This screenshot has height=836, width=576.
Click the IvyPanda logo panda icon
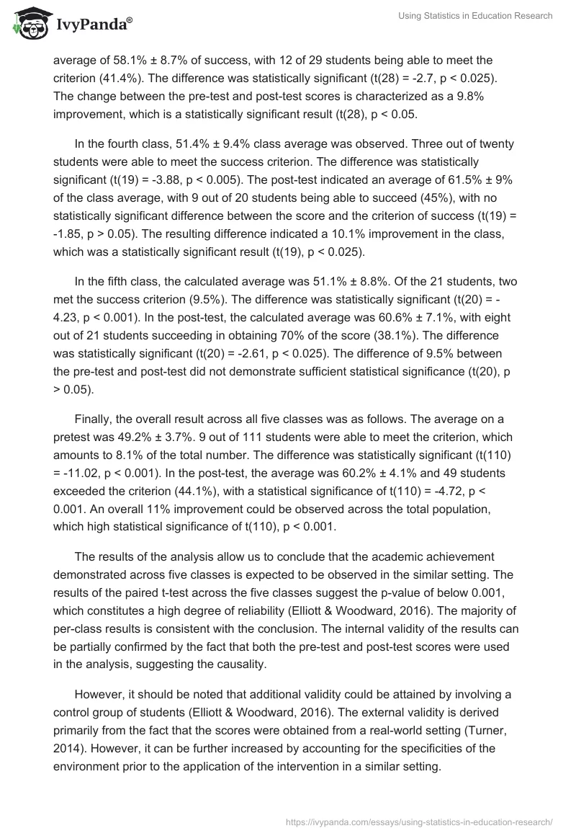28,23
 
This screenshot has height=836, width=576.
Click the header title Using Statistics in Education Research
475,16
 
